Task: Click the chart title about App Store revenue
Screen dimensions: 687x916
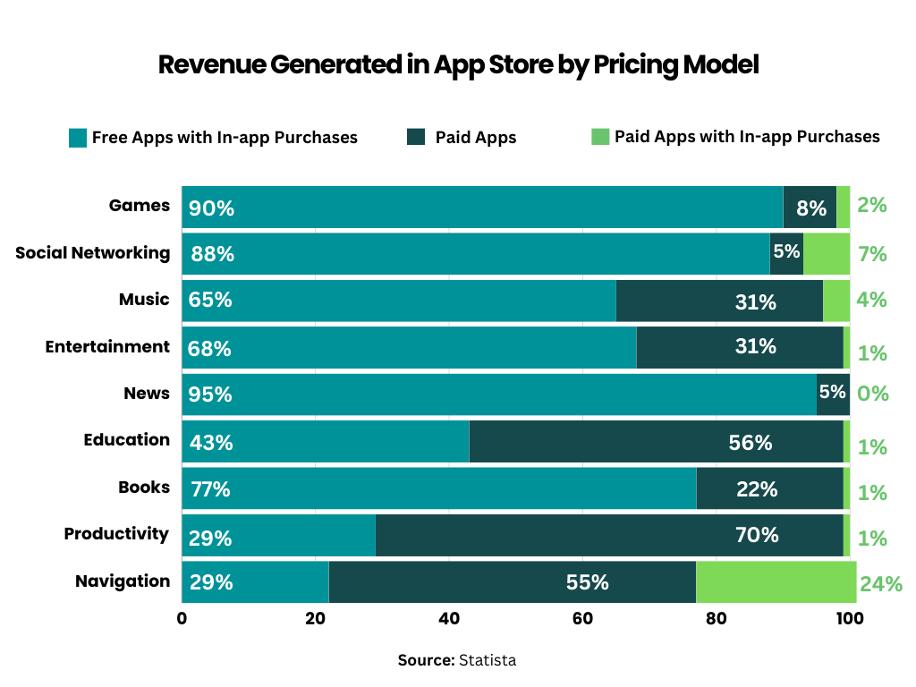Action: [458, 65]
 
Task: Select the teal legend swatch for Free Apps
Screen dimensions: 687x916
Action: [78, 138]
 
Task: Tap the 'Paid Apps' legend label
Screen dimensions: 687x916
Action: [476, 138]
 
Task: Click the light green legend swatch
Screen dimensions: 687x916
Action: [599, 137]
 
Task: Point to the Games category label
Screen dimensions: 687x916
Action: [139, 206]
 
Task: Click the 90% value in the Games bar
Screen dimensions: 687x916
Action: [211, 208]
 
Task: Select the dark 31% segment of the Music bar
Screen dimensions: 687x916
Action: [719, 301]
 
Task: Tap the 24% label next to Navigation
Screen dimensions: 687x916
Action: [880, 585]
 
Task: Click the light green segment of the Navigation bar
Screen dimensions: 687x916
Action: [776, 581]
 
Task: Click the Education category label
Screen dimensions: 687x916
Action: [126, 440]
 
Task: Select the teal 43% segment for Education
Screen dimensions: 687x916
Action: [325, 442]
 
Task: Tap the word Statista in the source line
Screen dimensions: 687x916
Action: [488, 661]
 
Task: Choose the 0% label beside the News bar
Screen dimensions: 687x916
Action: [872, 394]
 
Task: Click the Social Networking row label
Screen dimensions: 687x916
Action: [92, 253]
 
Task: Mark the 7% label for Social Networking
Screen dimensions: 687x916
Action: [871, 254]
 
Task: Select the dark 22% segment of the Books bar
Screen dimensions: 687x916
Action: [769, 488]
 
